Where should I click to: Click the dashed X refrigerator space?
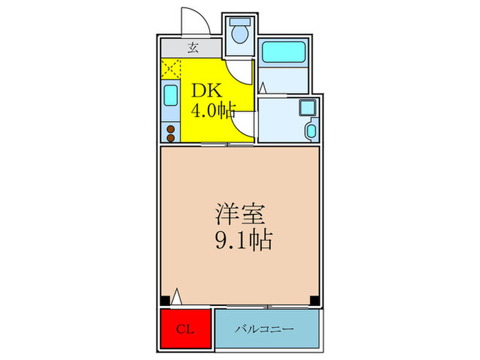coord(171,69)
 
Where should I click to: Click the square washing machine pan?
coord(306,107)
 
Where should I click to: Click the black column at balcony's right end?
coord(313,300)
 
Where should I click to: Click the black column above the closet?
coord(165,300)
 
